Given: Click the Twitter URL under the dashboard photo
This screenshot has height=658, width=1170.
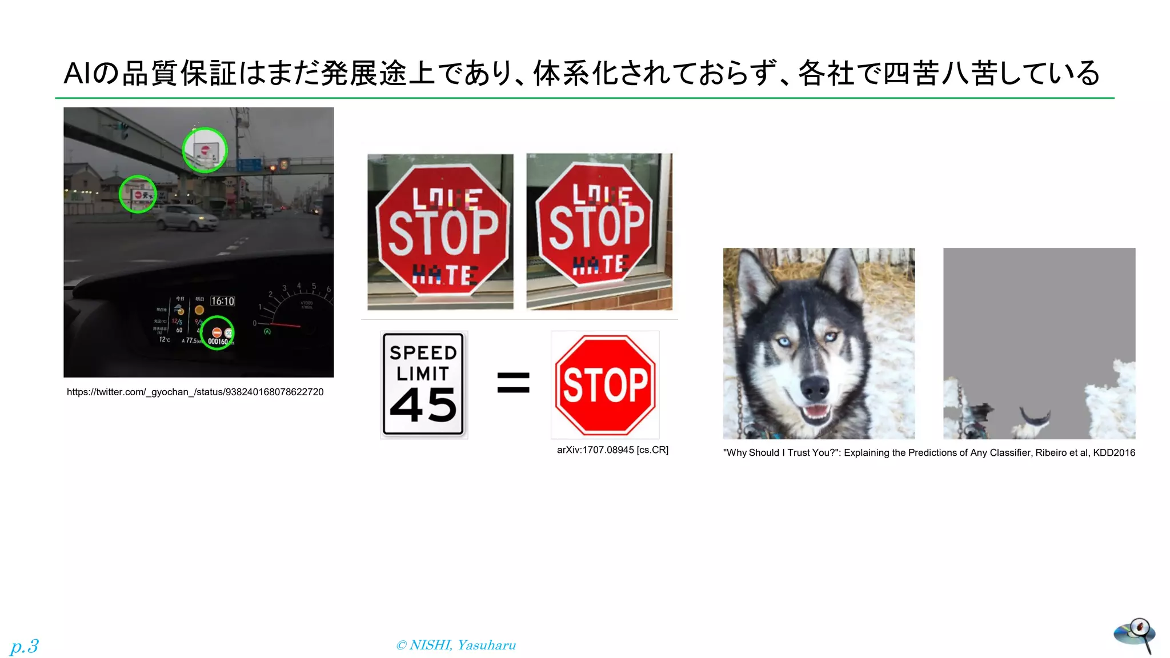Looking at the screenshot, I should [195, 392].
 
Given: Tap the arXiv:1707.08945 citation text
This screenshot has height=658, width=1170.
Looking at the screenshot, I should [612, 450].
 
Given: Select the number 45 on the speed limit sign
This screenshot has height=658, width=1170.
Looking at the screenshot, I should [423, 405].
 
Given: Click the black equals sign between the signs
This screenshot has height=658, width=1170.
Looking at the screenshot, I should [513, 383].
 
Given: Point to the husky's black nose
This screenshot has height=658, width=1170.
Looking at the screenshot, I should [814, 388].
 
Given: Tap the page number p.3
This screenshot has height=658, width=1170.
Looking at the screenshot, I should [25, 646].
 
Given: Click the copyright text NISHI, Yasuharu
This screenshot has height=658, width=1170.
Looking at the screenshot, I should [456, 645].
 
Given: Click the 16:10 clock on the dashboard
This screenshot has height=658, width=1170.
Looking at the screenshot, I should [222, 301].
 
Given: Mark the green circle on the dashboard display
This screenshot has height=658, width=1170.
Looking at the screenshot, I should [217, 333].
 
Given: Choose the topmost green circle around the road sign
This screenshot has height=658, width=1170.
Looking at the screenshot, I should [205, 150].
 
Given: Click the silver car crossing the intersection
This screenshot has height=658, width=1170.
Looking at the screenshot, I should [186, 218].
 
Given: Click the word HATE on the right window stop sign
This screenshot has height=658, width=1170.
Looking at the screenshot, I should [600, 264].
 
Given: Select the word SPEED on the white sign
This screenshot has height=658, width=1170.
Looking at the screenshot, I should [423, 352].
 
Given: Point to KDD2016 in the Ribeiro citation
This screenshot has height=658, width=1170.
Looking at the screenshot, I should [1114, 453].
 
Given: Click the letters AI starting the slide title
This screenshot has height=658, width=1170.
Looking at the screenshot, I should [77, 74].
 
